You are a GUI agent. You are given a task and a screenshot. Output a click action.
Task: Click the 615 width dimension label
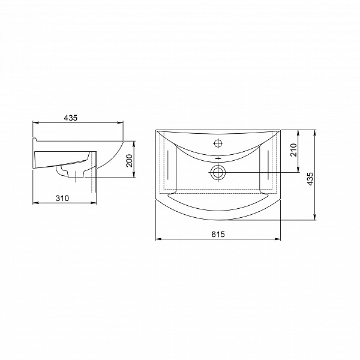[x=218, y=234]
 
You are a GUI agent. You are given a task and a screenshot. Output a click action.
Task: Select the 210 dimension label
[x=293, y=150]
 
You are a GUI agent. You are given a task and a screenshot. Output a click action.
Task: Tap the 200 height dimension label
[x=129, y=160]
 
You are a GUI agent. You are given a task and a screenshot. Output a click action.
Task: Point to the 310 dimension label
[x=62, y=198]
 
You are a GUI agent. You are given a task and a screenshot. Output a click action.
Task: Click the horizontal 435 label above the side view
[x=71, y=118]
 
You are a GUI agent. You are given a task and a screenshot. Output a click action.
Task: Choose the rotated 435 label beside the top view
[x=310, y=179]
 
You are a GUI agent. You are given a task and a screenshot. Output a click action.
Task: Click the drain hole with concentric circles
[x=218, y=172]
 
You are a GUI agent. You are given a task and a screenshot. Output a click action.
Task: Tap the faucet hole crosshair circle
[x=218, y=143]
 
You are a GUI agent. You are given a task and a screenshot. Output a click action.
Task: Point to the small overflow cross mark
[x=218, y=158]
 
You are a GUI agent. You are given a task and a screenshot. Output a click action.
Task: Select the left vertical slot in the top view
[x=168, y=165]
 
